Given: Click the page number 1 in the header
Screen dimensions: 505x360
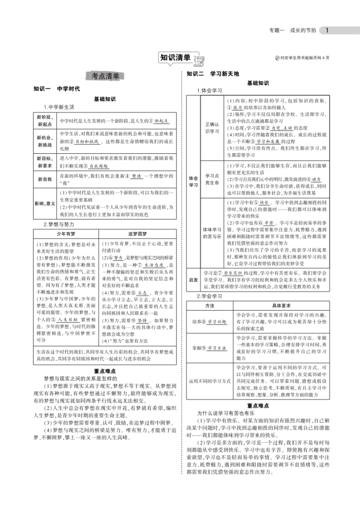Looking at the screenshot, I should tap(327, 30).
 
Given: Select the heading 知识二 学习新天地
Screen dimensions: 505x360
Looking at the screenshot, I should tap(212, 73).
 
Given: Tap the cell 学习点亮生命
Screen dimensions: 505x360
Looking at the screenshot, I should tap(211, 179).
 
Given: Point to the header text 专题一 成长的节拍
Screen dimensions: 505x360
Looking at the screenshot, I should tap(292, 31).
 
